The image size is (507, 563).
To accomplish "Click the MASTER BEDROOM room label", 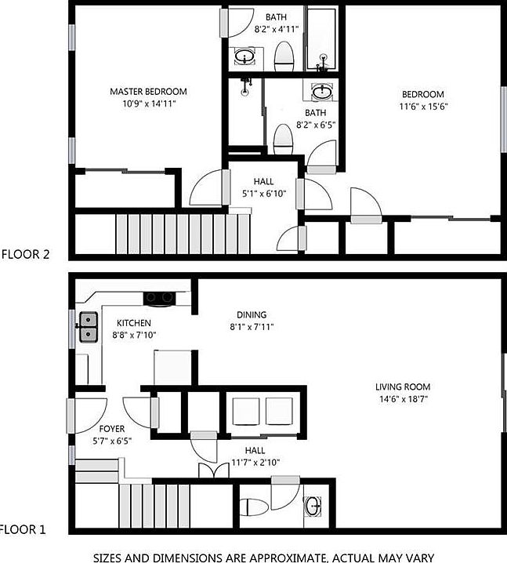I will tap(148, 92).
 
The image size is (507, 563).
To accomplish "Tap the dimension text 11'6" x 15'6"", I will tap(424, 107).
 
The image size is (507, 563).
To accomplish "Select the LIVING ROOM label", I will tap(402, 387).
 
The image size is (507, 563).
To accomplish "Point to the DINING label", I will tap(252, 314).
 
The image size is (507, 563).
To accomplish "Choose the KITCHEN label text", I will tap(134, 323).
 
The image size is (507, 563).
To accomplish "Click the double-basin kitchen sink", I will tap(88, 327).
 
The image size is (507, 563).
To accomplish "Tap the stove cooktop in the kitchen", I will tap(160, 297).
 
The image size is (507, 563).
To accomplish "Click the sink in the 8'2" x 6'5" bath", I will tap(321, 93).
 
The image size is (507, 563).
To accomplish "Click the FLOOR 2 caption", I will tap(25, 254).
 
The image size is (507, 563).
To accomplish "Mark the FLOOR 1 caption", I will tap(24, 530).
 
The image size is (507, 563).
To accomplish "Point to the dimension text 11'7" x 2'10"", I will tap(255, 462).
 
